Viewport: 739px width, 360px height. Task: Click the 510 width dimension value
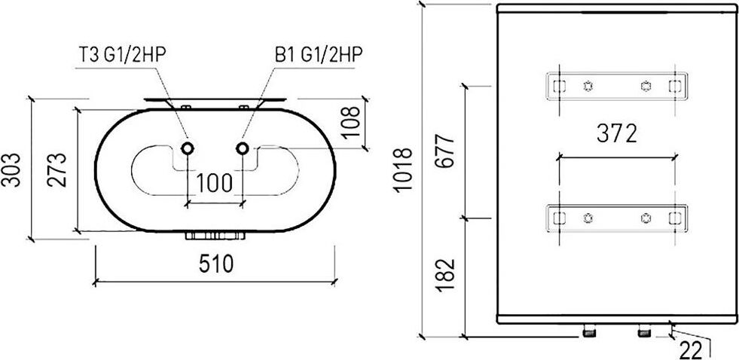pyautogui.click(x=216, y=264)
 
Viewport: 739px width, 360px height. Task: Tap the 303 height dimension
pyautogui.click(x=11, y=170)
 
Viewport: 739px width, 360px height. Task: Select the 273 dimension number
pyautogui.click(x=56, y=170)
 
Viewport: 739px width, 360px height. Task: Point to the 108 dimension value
pyautogui.click(x=350, y=121)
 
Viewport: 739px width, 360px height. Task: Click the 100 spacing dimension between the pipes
pyautogui.click(x=215, y=183)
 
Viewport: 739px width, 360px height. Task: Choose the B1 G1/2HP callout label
pyautogui.click(x=319, y=54)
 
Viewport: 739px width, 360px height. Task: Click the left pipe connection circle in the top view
pyautogui.click(x=188, y=148)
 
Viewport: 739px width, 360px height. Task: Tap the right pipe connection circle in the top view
pyautogui.click(x=243, y=148)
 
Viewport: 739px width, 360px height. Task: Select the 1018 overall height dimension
pyautogui.click(x=403, y=169)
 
